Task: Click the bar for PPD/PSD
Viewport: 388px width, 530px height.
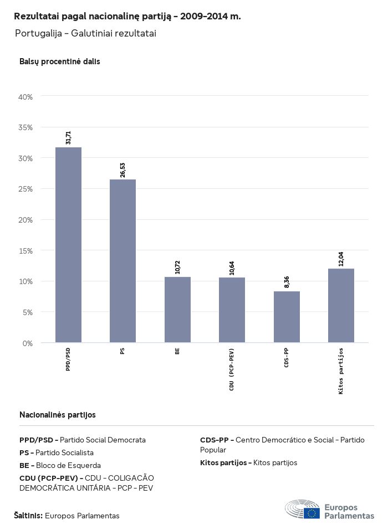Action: pyautogui.click(x=69, y=245)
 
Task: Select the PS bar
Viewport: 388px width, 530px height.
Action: pyautogui.click(x=122, y=261)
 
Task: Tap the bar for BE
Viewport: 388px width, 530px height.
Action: pyautogui.click(x=177, y=310)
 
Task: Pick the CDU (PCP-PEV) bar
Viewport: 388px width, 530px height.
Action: pyautogui.click(x=232, y=310)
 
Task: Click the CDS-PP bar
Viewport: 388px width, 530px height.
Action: pyautogui.click(x=287, y=317)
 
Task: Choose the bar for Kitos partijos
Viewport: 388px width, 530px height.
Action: pyautogui.click(x=341, y=306)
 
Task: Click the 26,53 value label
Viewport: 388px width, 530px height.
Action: pyautogui.click(x=122, y=169)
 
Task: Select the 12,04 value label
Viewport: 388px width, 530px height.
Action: pyautogui.click(x=341, y=259)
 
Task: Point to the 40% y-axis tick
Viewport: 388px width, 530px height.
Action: pyautogui.click(x=26, y=97)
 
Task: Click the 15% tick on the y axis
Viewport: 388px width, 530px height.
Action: pyautogui.click(x=26, y=250)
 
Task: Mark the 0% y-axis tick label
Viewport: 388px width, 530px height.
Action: pyautogui.click(x=28, y=343)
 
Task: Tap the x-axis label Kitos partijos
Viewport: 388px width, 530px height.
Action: pyautogui.click(x=341, y=371)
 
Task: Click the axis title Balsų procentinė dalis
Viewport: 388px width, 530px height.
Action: pyautogui.click(x=60, y=61)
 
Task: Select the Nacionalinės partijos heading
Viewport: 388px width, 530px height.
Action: pyautogui.click(x=58, y=414)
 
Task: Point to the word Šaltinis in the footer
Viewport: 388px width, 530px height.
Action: pyautogui.click(x=28, y=516)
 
